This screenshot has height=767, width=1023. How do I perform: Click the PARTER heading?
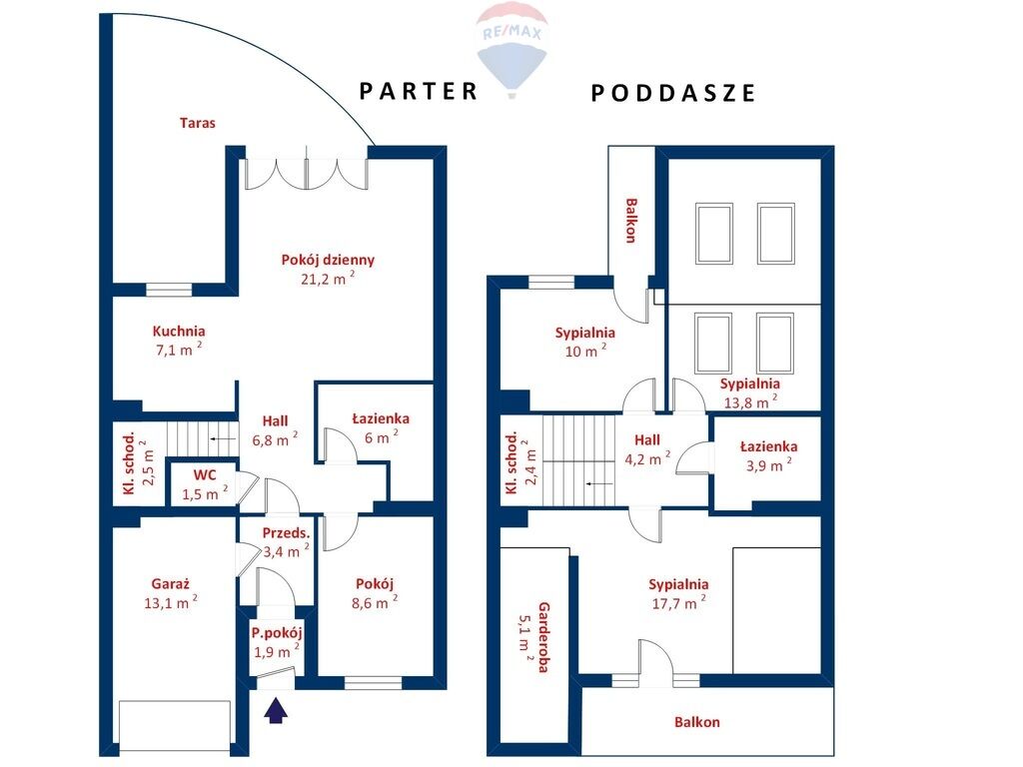point(419,91)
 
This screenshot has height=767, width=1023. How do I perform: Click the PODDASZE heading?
point(672,93)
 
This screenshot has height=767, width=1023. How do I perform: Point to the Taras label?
point(198,123)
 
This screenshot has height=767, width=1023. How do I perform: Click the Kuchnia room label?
point(179,331)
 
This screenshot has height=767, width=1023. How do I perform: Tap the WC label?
point(205,474)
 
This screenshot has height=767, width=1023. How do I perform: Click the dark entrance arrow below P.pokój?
point(276,710)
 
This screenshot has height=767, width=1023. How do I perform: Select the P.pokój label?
point(277,632)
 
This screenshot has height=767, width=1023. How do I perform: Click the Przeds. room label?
point(286,533)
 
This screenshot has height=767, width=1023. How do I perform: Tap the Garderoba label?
point(543,637)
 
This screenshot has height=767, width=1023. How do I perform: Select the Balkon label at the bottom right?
point(697,722)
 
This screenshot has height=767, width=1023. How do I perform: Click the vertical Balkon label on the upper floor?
point(631,221)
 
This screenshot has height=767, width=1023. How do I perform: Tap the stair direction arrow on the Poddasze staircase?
point(599,484)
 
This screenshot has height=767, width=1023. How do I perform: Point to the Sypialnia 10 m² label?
point(585,333)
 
